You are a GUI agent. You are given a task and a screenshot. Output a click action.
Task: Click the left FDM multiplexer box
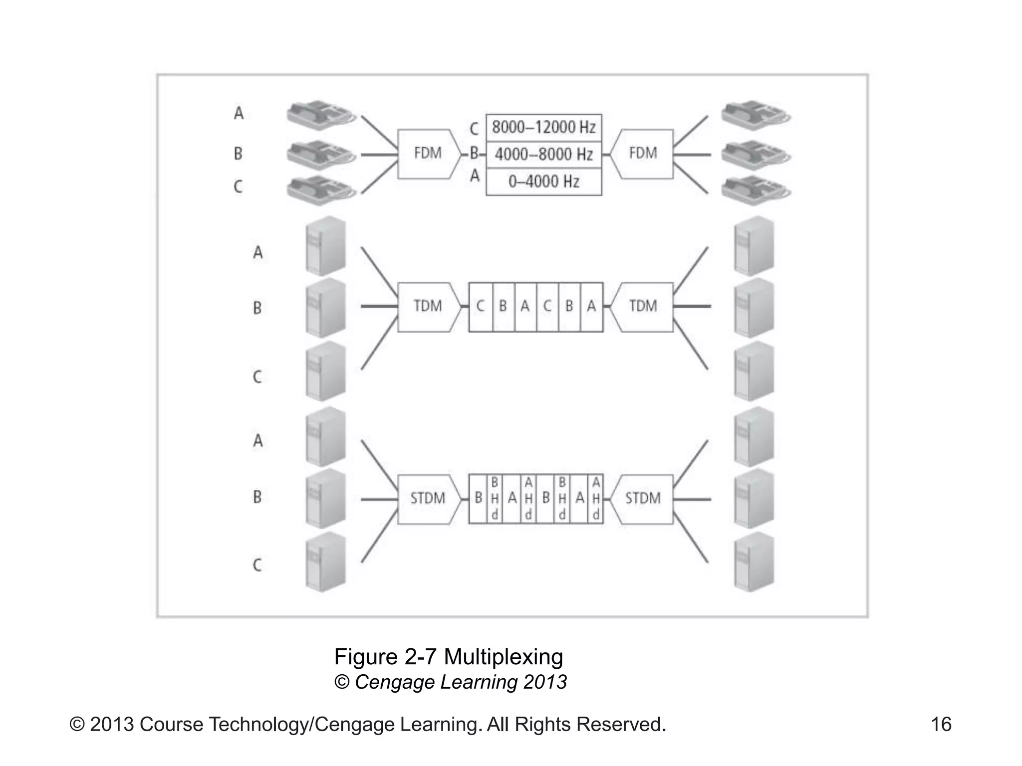428,154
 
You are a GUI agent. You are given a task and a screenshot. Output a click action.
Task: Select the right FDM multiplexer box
643,154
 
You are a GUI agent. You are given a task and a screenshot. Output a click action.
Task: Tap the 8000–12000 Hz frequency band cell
543,127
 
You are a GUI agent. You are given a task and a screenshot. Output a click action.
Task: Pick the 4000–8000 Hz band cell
543,155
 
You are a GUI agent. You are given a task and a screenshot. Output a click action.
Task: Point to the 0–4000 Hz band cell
543,182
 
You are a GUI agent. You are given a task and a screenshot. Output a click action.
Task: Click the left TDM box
428,306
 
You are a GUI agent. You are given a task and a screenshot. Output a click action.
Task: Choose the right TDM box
643,306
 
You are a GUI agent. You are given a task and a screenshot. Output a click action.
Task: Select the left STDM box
428,498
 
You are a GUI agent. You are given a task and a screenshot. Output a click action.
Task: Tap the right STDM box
643,498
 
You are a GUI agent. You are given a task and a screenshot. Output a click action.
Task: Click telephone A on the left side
320,115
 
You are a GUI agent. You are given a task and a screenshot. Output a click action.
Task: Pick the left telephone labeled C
320,189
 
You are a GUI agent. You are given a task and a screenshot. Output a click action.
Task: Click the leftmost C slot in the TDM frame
481,306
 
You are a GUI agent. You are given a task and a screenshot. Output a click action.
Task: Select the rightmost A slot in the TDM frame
592,306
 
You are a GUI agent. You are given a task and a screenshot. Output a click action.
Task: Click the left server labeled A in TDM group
325,246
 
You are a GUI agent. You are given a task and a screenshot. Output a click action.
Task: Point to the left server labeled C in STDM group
325,563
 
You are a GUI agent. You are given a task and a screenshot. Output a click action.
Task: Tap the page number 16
941,725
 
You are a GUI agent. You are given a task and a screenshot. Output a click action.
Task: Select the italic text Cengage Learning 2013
460,682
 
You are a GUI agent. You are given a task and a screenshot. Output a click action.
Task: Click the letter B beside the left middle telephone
238,153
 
